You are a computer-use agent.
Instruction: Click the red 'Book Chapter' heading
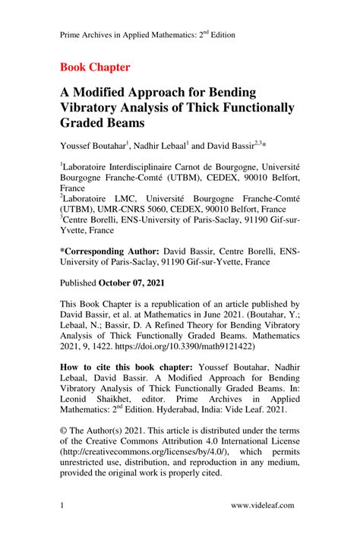tap(94, 67)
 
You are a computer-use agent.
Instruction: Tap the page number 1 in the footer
tap(62, 505)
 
